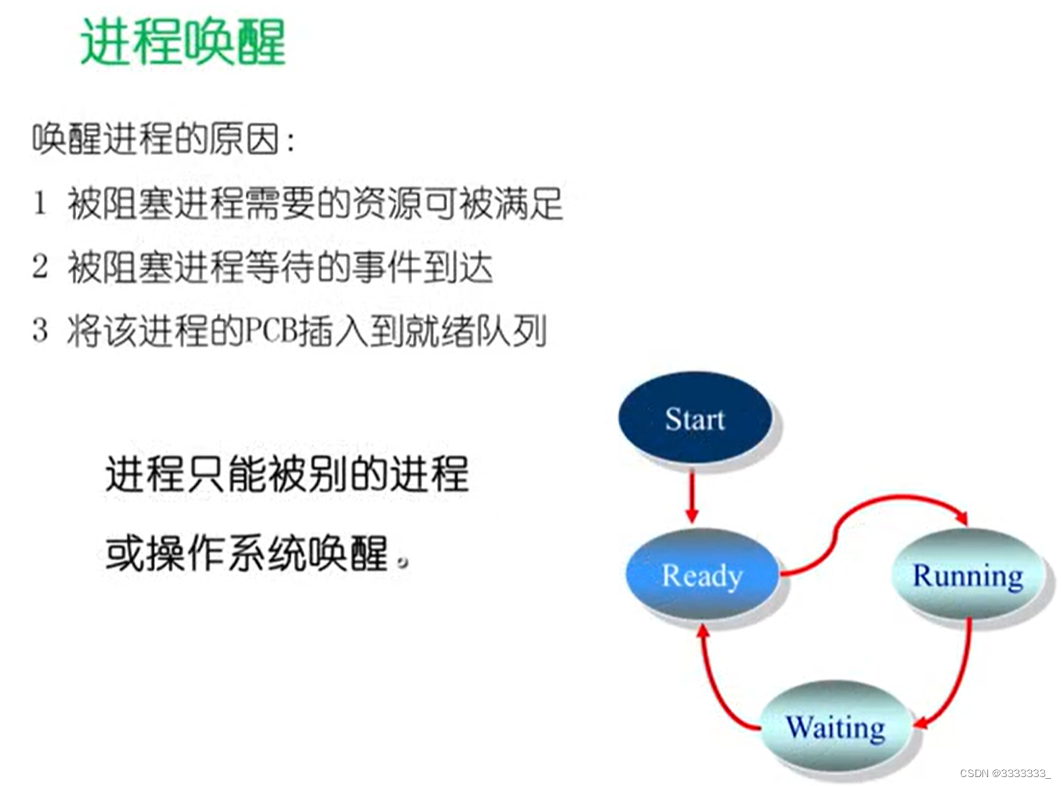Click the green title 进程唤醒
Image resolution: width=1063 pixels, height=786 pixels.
pos(183,42)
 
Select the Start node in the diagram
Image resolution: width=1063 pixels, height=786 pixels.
pos(695,419)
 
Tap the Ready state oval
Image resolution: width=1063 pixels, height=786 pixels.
pos(702,575)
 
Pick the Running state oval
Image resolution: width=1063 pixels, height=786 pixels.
pos(967,575)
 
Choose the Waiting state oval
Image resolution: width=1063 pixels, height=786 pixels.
pos(835,727)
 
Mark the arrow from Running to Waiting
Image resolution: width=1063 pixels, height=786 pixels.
pos(958,679)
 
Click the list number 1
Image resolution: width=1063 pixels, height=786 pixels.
pos(40,203)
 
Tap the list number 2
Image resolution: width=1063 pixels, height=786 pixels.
pos(40,267)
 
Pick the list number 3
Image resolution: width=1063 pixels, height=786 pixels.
pos(40,330)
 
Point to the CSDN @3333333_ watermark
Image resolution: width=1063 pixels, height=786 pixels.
pos(1005,773)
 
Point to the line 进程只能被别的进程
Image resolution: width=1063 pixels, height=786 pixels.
pos(287,474)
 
